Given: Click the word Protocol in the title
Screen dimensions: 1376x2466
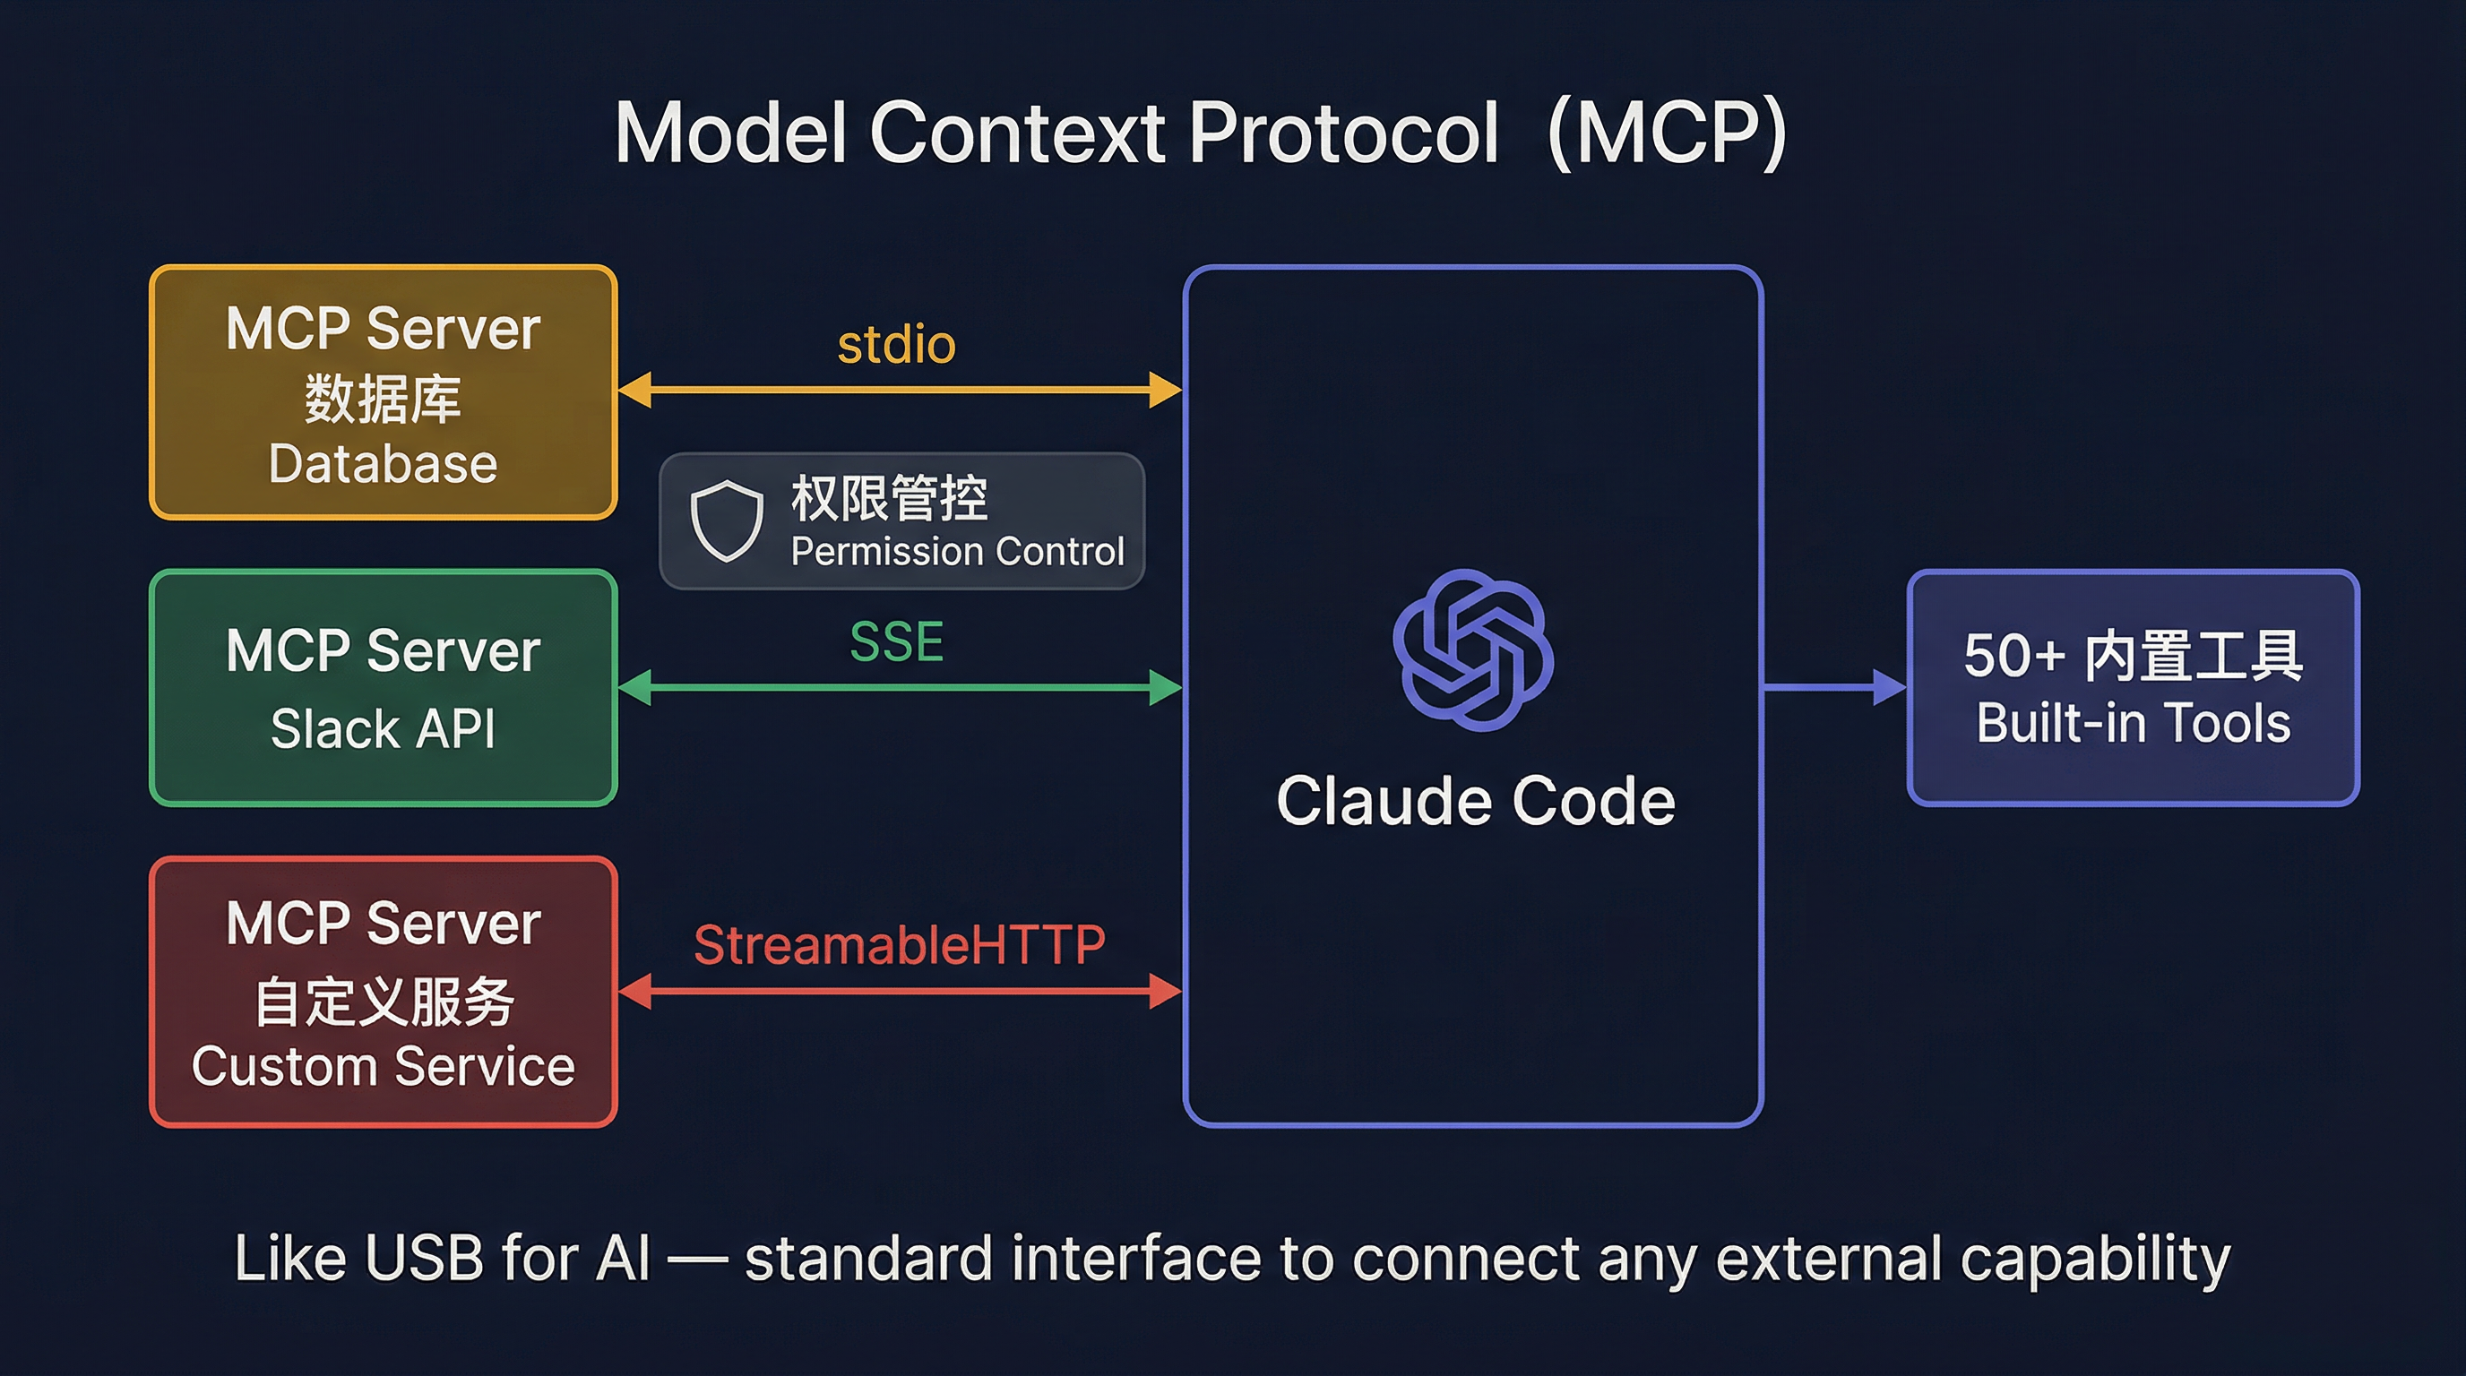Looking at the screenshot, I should [1342, 134].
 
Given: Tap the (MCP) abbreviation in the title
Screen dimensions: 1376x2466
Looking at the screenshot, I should [1667, 134].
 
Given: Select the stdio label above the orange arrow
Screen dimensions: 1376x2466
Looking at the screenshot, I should [896, 345].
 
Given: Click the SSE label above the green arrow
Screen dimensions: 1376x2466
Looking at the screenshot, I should [896, 641].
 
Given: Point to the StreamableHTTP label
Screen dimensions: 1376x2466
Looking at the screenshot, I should [899, 945].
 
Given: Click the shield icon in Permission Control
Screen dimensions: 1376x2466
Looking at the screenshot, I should [727, 520].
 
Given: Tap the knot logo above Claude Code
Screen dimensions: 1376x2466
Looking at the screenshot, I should [1472, 649].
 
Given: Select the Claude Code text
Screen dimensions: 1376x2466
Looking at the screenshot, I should [1475, 801].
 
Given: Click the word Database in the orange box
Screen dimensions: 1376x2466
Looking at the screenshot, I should [383, 464].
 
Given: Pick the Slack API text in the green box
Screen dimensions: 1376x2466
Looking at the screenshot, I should [383, 729].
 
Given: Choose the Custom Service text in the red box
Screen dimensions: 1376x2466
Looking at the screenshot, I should [383, 1066].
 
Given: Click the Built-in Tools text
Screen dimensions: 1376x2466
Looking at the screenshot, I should [2133, 724].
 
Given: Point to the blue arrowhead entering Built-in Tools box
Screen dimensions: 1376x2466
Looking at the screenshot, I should [1889, 687].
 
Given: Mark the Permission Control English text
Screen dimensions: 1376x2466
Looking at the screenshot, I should [957, 552].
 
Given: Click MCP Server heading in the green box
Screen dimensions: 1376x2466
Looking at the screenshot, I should [383, 651].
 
